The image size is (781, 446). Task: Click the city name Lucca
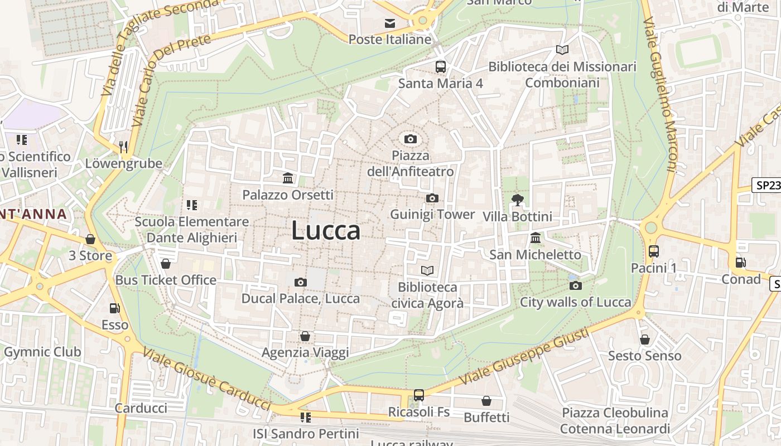coord(326,231)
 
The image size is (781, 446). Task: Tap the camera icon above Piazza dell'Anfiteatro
coord(410,139)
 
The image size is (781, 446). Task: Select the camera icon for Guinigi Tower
coord(432,198)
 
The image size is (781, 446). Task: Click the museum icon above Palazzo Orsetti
coord(288,178)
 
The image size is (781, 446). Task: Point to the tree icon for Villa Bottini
coord(517,200)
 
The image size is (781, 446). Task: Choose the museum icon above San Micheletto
coord(536,238)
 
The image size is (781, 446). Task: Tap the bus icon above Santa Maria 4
coord(441,67)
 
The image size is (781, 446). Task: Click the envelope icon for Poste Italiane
coord(390,23)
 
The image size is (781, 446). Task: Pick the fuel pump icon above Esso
coord(115,308)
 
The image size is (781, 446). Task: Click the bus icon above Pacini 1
coord(654,251)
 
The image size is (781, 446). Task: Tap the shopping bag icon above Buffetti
coord(486,400)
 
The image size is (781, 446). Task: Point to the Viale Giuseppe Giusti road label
coord(524,357)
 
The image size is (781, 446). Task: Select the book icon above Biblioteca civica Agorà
coord(427,270)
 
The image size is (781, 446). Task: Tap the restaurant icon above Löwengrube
coord(124,147)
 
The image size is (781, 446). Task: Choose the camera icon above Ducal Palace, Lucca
coord(301,282)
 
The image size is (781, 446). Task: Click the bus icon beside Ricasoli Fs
coord(419,395)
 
